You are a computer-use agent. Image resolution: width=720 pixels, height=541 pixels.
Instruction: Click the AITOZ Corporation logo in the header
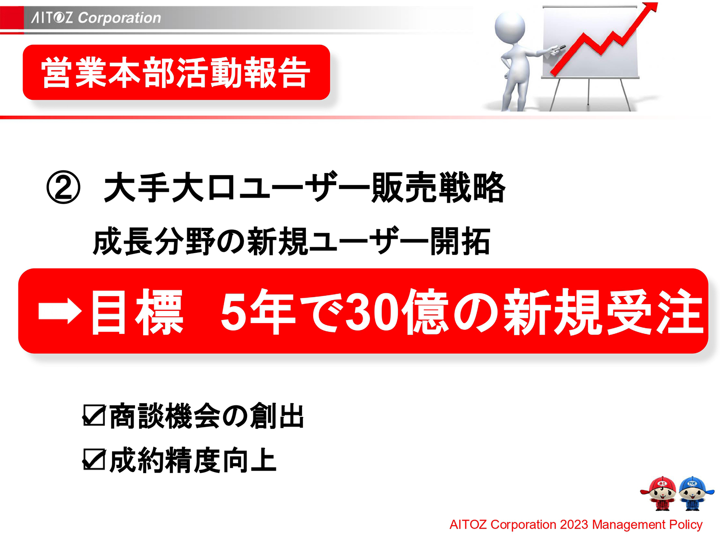click(96, 18)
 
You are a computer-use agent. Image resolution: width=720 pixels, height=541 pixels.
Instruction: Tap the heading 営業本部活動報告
click(176, 73)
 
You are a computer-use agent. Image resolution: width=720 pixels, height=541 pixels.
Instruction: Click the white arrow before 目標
click(59, 312)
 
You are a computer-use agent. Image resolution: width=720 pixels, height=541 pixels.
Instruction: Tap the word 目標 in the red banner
click(137, 312)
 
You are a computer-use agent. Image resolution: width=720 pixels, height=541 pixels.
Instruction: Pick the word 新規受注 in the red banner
click(603, 312)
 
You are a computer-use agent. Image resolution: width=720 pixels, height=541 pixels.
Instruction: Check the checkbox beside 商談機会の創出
click(94, 415)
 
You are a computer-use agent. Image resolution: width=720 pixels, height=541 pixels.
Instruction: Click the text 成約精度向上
click(193, 460)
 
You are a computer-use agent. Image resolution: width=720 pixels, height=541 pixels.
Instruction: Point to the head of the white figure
click(510, 26)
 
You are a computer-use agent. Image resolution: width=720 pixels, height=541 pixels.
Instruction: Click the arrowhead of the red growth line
click(651, 8)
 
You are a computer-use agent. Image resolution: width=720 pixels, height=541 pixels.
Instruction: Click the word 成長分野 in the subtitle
click(153, 242)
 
